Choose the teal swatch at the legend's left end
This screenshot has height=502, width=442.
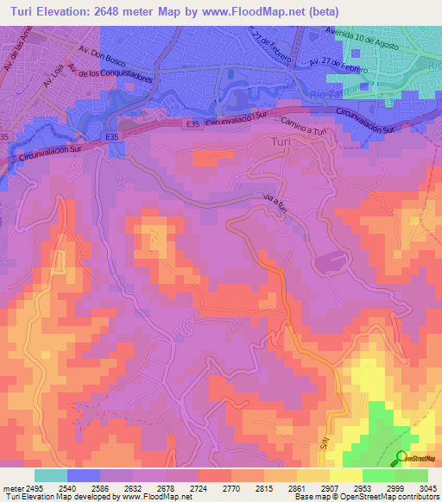(51, 475)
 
